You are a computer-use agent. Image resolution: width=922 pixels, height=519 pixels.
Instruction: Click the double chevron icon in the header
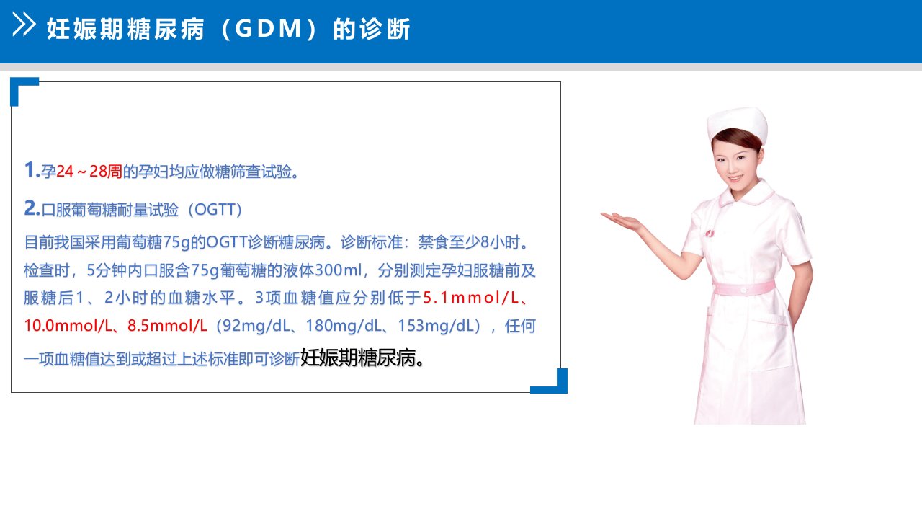(24, 25)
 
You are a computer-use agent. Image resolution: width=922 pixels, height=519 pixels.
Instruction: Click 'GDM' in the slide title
(269, 29)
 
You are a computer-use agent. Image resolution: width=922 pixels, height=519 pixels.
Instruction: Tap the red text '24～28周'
(89, 172)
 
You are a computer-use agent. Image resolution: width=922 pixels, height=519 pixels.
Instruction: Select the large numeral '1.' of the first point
(32, 169)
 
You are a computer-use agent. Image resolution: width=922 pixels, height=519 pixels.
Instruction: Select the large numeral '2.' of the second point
(32, 208)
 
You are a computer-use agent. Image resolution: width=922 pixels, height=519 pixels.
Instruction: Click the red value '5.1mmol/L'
(471, 298)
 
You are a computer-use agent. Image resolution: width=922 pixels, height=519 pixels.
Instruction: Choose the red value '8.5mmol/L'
(167, 326)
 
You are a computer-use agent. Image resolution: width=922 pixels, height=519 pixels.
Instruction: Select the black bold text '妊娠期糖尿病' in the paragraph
(358, 358)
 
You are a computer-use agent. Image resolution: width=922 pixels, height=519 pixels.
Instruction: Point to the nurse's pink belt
(744, 288)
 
